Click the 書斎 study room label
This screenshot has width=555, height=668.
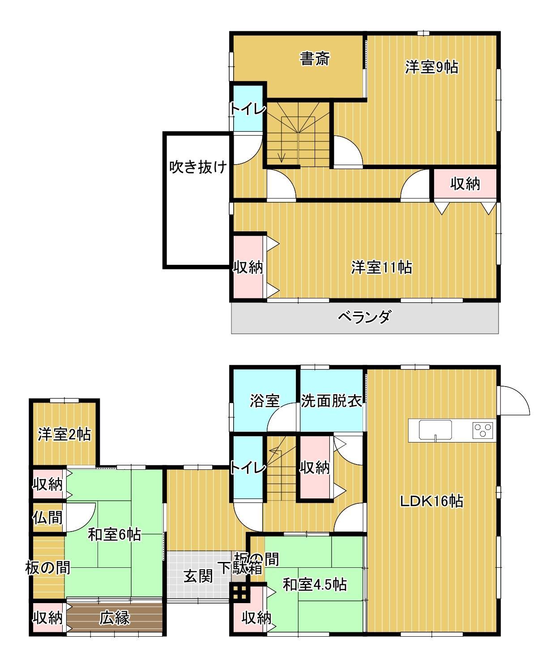[x=315, y=59]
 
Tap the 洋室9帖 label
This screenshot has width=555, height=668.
[x=431, y=67]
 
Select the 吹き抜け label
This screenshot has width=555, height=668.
[x=198, y=167]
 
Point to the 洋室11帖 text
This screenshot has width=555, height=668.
[x=381, y=268]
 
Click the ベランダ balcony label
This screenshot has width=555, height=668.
[x=364, y=317]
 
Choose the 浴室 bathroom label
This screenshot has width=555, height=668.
[x=265, y=401]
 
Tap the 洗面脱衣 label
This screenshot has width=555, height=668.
[x=331, y=401]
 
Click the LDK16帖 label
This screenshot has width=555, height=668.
[x=431, y=501]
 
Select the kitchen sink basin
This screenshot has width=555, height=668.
[x=435, y=430]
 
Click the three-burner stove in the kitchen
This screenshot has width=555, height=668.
[x=483, y=430]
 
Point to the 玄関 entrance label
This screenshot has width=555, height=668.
[x=198, y=576]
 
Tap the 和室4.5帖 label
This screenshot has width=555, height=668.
[x=315, y=584]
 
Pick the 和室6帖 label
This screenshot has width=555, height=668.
[x=114, y=534]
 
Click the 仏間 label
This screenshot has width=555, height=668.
[x=47, y=518]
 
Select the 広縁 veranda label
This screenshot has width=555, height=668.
[x=114, y=618]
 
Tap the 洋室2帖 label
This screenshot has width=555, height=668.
[x=64, y=434]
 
